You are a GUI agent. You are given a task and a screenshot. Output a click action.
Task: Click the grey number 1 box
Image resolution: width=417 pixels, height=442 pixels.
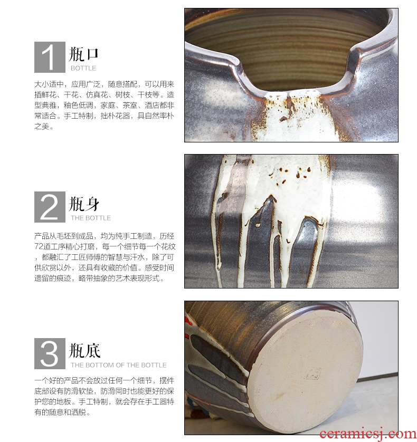click(x=50, y=57)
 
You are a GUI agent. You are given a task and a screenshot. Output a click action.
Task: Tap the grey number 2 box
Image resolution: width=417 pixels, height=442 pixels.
click(x=50, y=207)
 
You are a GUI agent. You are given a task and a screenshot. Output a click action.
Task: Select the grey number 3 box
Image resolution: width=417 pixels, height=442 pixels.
click(x=50, y=353)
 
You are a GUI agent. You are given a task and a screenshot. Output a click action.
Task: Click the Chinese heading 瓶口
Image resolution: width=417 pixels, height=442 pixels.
click(x=84, y=54)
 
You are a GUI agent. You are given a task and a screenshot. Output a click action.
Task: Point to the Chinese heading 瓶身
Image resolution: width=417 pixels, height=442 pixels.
click(x=84, y=204)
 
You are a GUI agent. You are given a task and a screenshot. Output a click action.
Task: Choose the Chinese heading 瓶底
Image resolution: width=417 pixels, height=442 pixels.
click(x=84, y=350)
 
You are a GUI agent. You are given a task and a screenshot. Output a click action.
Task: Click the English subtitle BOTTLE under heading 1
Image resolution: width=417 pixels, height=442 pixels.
click(x=83, y=68)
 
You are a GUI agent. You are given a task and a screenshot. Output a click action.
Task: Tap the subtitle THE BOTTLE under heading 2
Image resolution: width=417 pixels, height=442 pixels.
click(x=91, y=218)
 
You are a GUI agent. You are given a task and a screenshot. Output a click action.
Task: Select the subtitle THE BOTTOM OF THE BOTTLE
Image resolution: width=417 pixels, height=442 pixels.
click(x=118, y=365)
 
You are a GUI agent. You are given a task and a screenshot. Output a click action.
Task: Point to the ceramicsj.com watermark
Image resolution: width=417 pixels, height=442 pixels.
click(x=368, y=434)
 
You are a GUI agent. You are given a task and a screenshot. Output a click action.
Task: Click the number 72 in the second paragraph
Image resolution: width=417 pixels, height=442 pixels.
click(x=39, y=247)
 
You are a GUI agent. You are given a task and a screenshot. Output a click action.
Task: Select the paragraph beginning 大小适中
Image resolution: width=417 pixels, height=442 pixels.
click(x=104, y=105)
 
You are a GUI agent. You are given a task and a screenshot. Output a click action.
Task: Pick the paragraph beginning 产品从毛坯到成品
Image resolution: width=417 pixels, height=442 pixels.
click(x=105, y=257)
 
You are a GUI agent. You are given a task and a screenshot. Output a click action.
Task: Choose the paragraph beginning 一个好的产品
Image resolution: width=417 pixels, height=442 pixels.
click(x=104, y=396)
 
